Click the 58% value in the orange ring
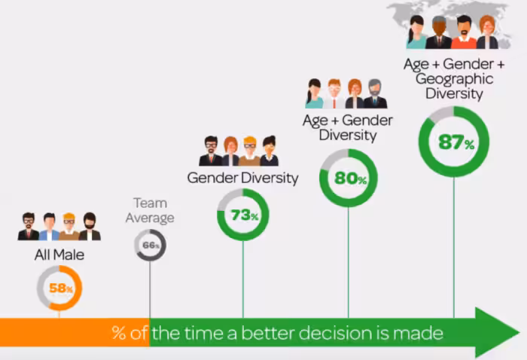click(x=61, y=288)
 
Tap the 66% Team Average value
click(x=151, y=245)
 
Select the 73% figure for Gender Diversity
click(x=245, y=215)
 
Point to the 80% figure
click(x=350, y=178)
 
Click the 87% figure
click(x=456, y=142)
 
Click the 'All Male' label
click(x=59, y=255)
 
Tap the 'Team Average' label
click(x=150, y=210)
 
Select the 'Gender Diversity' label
click(x=242, y=178)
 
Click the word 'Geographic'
click(x=454, y=79)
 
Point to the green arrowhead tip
click(x=519, y=332)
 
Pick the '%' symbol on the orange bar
click(x=119, y=333)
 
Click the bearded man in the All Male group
click(x=90, y=226)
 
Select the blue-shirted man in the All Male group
click(x=49, y=227)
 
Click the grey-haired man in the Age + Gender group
click(x=375, y=93)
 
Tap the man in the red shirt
click(x=464, y=32)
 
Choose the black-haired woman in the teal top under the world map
click(x=416, y=32)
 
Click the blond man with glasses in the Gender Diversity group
click(x=249, y=151)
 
